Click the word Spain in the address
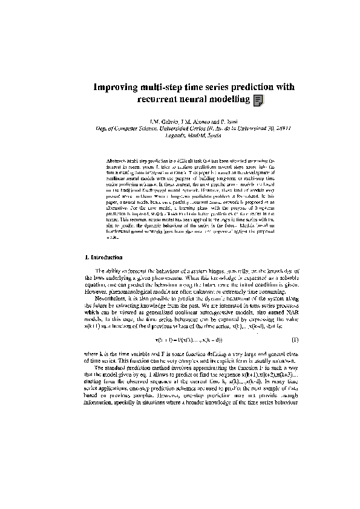pyautogui.click(x=208, y=135)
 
